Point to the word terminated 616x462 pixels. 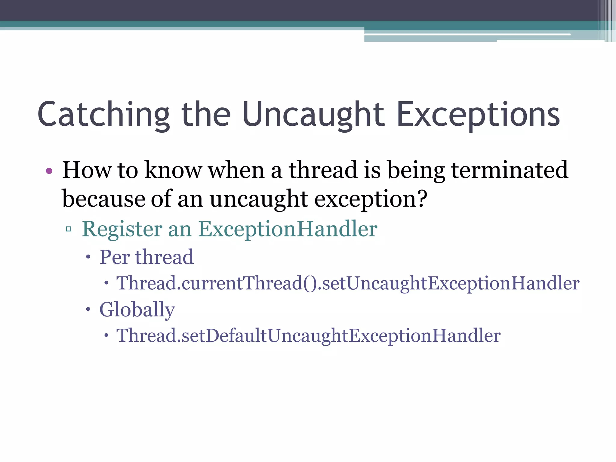click(x=510, y=170)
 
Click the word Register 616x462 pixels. click(x=122, y=229)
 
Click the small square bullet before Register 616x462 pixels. click(x=69, y=229)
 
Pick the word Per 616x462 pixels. click(x=115, y=257)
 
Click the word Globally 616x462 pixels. click(x=137, y=310)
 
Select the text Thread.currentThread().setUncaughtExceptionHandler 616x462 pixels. click(x=348, y=283)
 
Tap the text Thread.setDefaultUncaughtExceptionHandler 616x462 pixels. click(x=308, y=336)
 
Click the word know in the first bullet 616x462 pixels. click(x=173, y=170)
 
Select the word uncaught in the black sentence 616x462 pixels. click(x=259, y=199)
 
